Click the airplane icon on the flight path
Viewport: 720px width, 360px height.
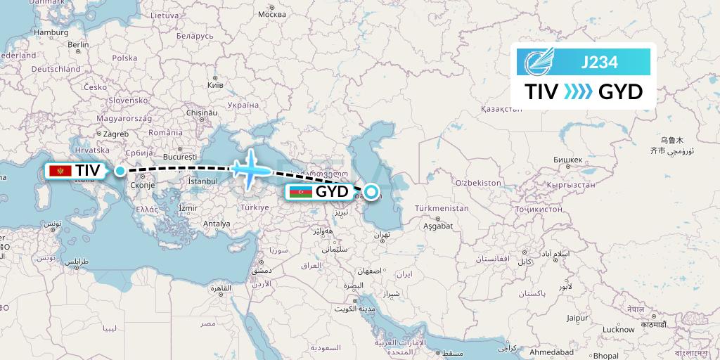pos(250,167)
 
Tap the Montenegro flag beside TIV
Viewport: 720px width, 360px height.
pos(61,171)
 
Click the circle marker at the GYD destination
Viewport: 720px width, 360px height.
pos(370,190)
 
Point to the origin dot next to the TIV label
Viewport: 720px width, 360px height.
pos(120,170)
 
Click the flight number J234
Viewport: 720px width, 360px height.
pos(600,63)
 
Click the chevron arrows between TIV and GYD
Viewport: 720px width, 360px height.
pos(578,91)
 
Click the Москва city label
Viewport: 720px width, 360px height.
pos(272,14)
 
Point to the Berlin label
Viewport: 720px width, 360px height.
pos(79,45)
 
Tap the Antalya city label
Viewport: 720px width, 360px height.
pos(217,224)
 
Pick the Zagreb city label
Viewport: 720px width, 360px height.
pos(96,133)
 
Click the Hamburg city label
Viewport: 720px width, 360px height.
pos(50,32)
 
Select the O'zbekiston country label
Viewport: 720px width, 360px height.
pos(477,183)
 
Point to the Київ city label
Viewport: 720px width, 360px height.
pos(215,84)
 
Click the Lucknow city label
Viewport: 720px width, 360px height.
pos(619,329)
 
